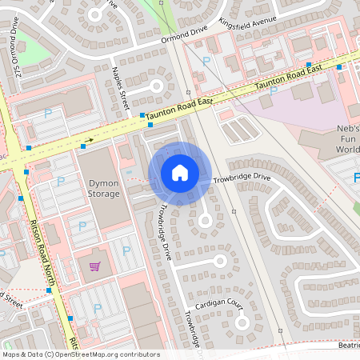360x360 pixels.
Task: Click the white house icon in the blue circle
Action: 180,173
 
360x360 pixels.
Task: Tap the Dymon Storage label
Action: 102,188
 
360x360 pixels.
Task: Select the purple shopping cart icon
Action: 95,266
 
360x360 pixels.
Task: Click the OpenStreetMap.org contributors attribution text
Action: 80,354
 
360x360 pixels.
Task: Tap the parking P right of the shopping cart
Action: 126,250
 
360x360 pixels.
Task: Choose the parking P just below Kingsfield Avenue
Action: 206,61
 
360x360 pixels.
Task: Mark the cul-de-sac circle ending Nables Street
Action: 156,85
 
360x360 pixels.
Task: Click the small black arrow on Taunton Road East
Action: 89,141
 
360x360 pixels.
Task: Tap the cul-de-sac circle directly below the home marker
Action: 204,220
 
